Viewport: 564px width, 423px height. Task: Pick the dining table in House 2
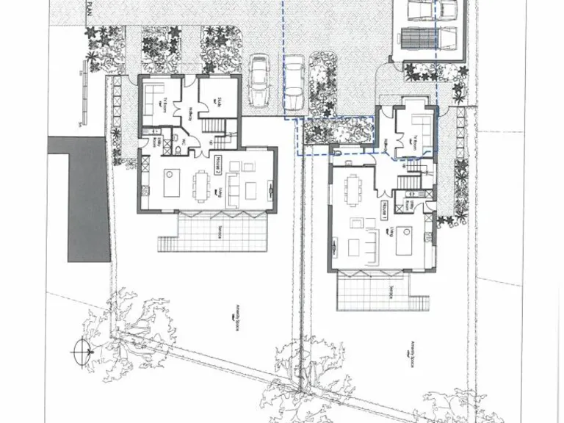click(202, 184)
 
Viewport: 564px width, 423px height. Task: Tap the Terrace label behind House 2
click(220, 232)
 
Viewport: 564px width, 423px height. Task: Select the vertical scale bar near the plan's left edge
click(79, 96)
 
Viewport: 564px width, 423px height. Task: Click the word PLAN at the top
click(90, 7)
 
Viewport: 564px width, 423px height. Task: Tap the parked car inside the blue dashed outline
click(294, 82)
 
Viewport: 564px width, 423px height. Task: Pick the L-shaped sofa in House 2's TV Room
click(154, 98)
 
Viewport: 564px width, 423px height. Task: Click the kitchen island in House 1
click(405, 240)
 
